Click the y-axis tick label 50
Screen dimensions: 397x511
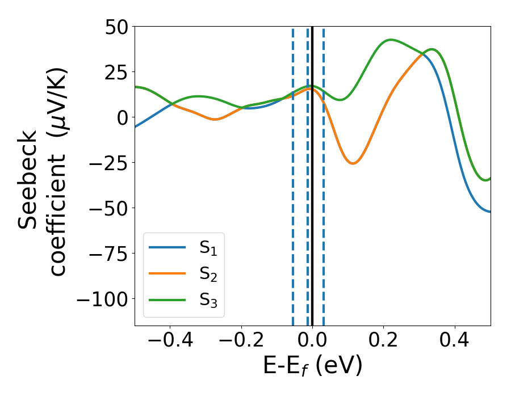pyautogui.click(x=116, y=27)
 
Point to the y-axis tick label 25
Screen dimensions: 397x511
pyautogui.click(x=116, y=72)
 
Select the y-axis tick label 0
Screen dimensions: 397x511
pyautogui.click(x=122, y=117)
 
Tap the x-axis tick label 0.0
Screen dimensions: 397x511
pyautogui.click(x=312, y=342)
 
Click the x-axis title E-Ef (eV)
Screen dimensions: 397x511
pyautogui.click(x=312, y=367)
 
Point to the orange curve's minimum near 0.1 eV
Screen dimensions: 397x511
pyautogui.click(x=353, y=163)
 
